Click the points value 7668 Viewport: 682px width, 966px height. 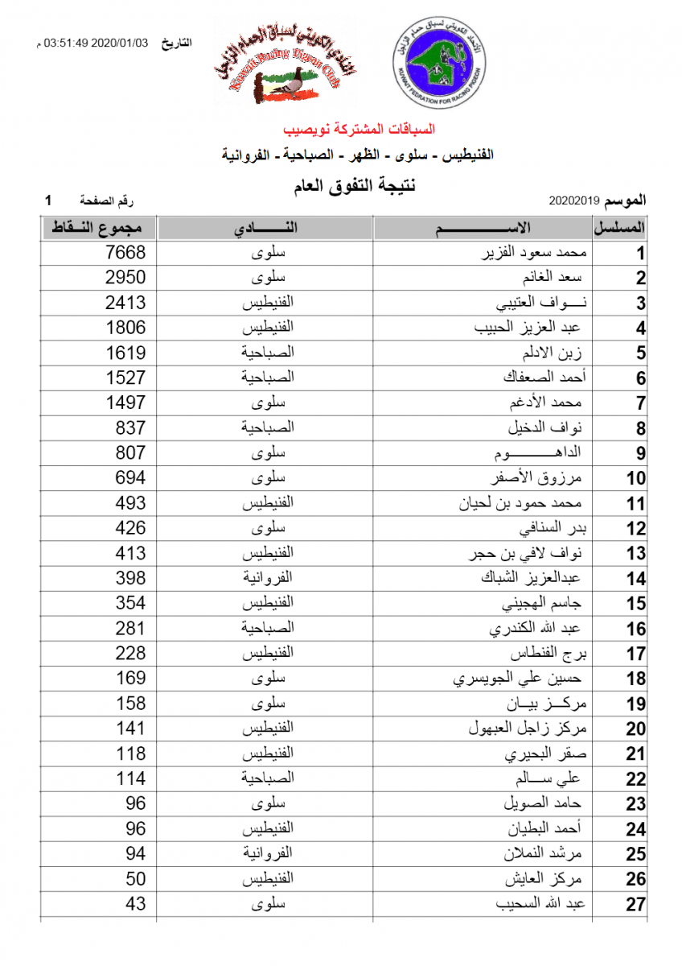[126, 253]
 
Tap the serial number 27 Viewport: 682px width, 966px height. [636, 905]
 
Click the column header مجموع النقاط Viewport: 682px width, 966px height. [99, 228]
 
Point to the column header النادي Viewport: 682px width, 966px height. [265, 228]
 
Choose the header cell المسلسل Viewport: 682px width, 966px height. [620, 228]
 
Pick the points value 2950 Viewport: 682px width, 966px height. [126, 278]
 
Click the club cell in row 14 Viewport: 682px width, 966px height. [266, 578]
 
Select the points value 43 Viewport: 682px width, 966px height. [136, 904]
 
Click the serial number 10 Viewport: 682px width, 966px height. [636, 478]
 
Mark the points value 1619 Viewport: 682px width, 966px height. [126, 353]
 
